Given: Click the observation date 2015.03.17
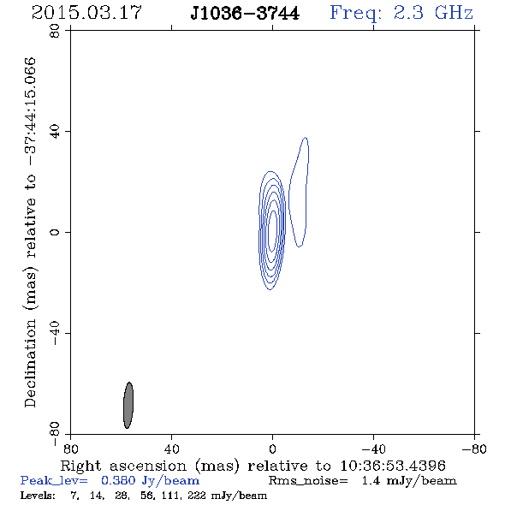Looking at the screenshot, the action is pos(86,13).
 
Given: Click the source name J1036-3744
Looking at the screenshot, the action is pos(245,14).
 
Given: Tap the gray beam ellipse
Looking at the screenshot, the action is pos(128,405).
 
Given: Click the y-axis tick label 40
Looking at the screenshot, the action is pos(55,132).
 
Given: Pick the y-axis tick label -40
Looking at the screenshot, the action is pos(55,333).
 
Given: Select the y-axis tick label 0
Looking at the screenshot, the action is pos(55,232).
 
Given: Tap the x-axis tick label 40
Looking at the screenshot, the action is pos(172,449).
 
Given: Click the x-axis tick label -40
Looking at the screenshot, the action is pos(373,449).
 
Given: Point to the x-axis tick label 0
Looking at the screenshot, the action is pos(272,449).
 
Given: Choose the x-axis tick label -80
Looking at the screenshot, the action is pos(474,449).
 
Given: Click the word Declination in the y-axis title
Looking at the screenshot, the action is pos(30,364).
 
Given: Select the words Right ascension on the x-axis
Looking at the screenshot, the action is pos(123,466).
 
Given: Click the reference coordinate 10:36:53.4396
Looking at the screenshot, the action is pos(393,466).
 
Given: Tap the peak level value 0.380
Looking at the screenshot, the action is pos(118,480).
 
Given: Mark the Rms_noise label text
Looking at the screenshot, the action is pos(308,481).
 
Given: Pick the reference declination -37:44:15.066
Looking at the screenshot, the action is pos(31,112).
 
